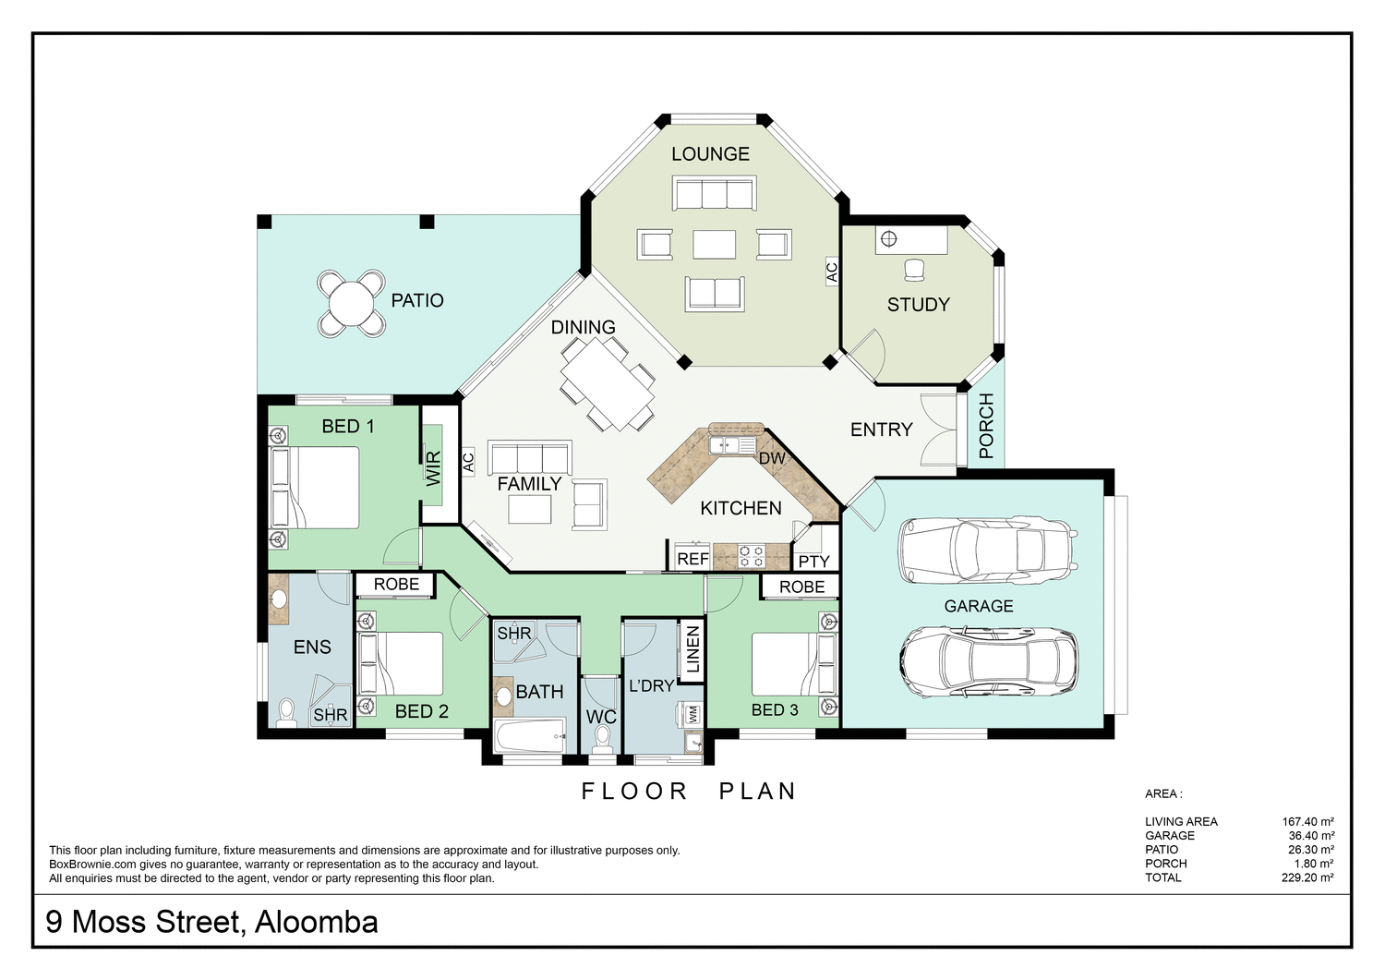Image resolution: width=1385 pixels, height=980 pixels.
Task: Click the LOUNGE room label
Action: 710,154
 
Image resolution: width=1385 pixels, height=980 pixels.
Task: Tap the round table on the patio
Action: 351,301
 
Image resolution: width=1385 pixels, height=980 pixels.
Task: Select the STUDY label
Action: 918,305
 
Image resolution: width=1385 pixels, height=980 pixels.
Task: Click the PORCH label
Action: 986,426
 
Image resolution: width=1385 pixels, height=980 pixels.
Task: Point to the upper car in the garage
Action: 987,550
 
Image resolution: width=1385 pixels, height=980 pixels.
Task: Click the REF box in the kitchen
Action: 692,559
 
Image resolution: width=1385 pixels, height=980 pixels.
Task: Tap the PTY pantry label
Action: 813,561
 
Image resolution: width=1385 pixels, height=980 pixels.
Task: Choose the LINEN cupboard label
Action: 693,649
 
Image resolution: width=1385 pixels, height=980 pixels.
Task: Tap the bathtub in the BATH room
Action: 529,739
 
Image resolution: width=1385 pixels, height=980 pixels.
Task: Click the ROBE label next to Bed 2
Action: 396,584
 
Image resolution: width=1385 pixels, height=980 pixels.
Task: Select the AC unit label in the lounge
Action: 831,272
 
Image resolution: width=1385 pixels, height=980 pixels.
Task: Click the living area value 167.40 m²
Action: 1307,821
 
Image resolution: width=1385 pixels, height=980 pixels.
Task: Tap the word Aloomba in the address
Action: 317,922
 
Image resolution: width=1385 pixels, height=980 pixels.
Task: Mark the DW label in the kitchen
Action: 771,458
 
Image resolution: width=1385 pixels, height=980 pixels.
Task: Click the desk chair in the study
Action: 914,269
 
